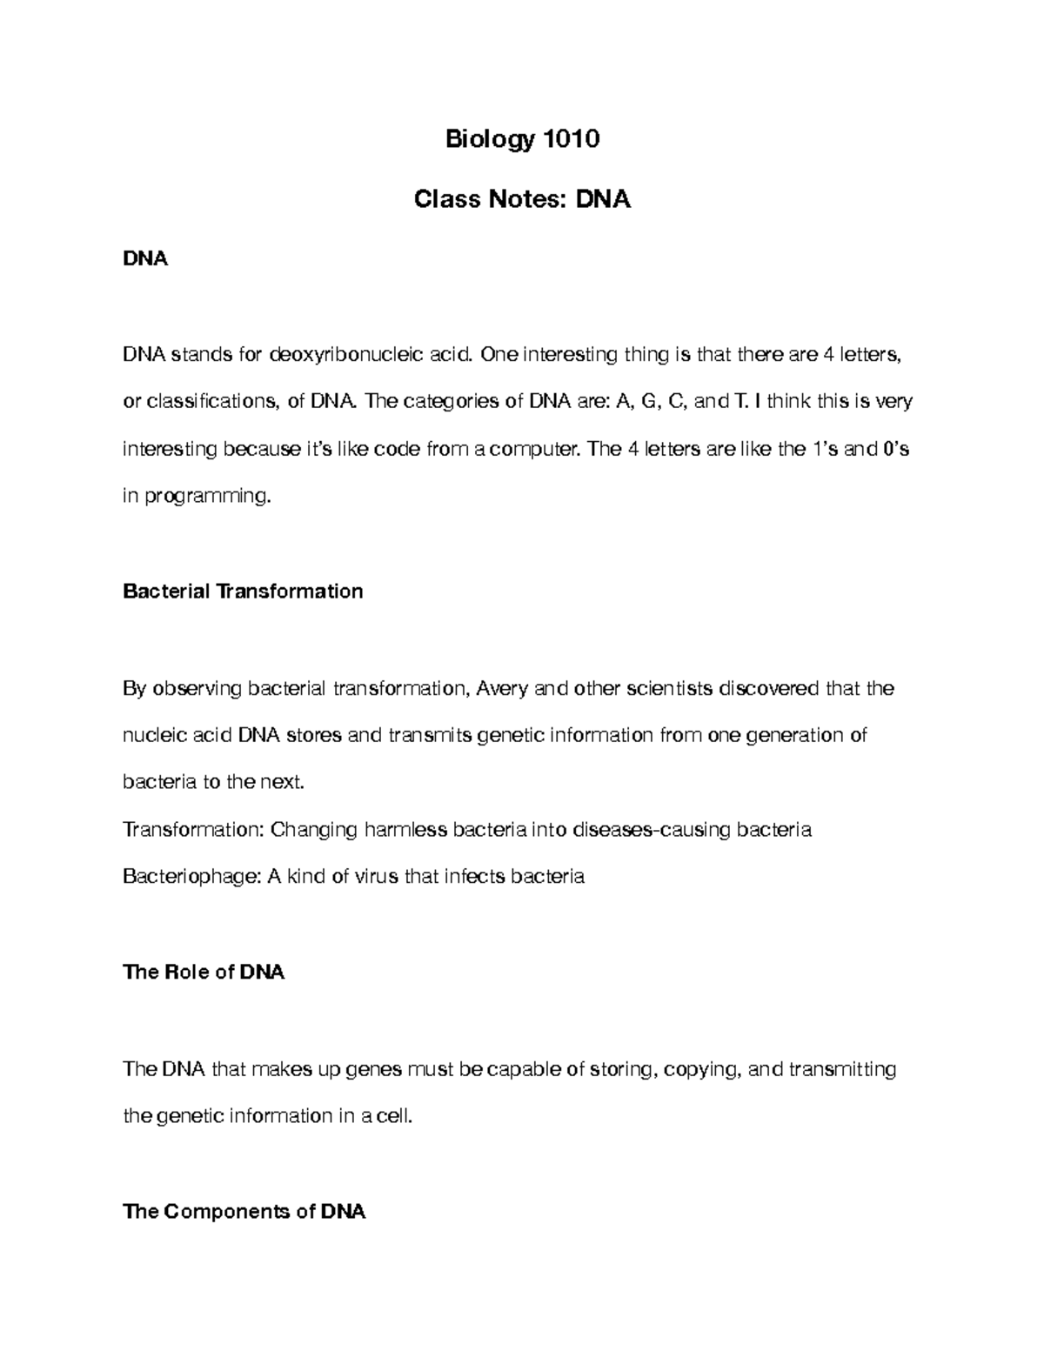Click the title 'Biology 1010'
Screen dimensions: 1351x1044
(522, 139)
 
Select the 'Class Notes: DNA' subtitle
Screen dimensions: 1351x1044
(522, 200)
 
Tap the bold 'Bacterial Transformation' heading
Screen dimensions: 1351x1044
(243, 592)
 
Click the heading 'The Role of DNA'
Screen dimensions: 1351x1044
(204, 972)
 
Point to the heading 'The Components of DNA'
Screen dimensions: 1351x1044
(244, 1211)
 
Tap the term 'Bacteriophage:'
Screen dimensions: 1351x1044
(191, 876)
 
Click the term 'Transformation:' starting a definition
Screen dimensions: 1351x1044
(193, 829)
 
